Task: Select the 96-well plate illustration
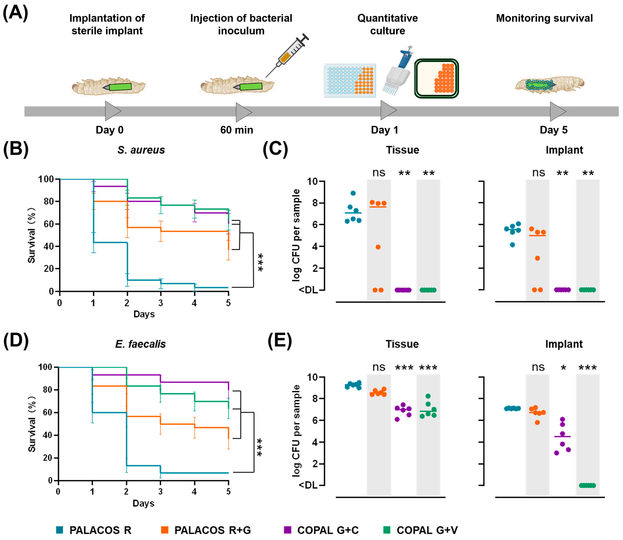[349, 80]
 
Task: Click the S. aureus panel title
[141, 150]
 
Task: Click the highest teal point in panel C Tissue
[353, 193]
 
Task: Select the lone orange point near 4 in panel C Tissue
[378, 247]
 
